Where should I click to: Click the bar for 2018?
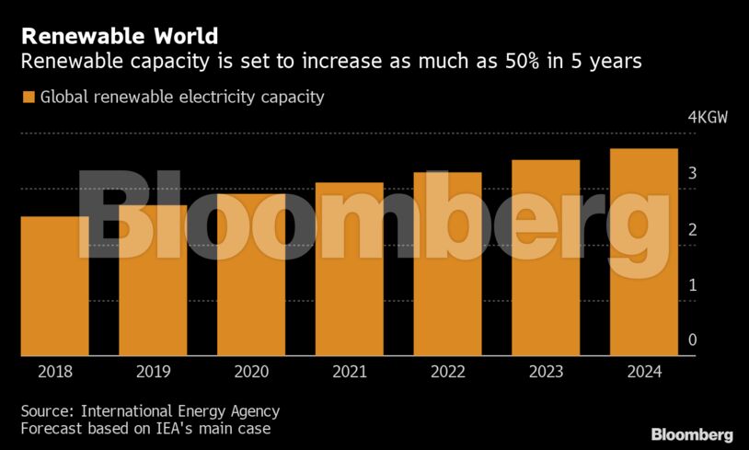click(x=54, y=286)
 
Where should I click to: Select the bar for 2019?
click(x=153, y=281)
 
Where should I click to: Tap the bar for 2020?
click(x=251, y=274)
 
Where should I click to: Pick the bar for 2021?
click(x=349, y=269)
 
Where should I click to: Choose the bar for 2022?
click(x=447, y=264)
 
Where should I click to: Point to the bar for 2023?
click(x=546, y=258)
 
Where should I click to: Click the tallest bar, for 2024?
click(x=643, y=252)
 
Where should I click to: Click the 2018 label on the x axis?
click(x=54, y=372)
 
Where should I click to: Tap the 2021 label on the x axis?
click(x=349, y=372)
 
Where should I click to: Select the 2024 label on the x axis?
click(x=643, y=372)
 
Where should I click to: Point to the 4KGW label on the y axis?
click(x=708, y=119)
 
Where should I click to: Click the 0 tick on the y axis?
click(x=692, y=340)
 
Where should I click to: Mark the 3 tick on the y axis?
click(x=692, y=174)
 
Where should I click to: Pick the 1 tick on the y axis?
click(x=692, y=285)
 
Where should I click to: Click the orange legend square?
click(x=28, y=97)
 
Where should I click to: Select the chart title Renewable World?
click(x=120, y=36)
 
